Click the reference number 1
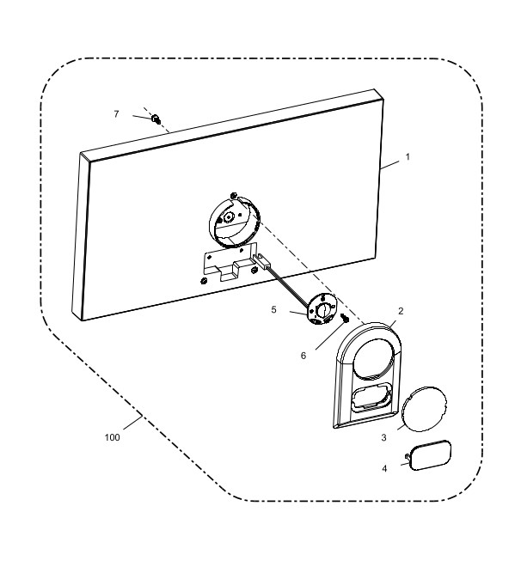[x=408, y=157]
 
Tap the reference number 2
[x=401, y=311]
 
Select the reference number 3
[x=383, y=437]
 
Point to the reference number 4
[x=384, y=468]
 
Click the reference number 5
[x=273, y=309]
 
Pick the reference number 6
[x=303, y=356]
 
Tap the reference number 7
[x=116, y=113]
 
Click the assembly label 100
[x=113, y=437]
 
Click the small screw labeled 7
[x=156, y=119]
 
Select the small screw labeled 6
[x=345, y=318]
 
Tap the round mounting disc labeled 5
[x=322, y=309]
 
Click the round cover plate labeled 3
[x=425, y=409]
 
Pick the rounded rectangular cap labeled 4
[x=431, y=455]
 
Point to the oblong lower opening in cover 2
[x=372, y=398]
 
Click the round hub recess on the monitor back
[x=234, y=222]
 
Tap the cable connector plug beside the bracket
[x=263, y=260]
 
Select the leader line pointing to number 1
[x=389, y=165]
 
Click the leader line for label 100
[x=133, y=423]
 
